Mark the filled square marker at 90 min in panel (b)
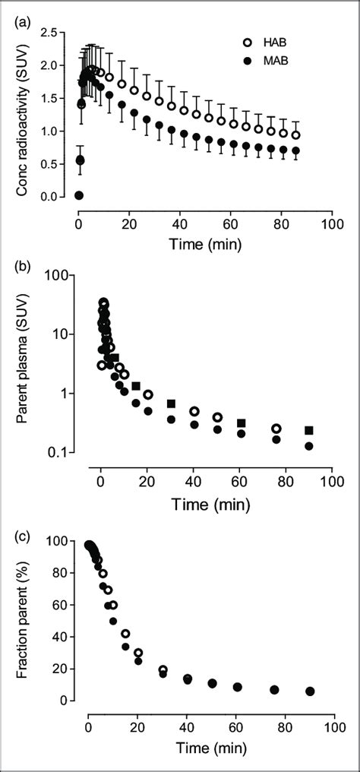(309, 430)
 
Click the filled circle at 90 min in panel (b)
(309, 446)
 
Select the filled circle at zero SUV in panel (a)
(79, 195)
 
